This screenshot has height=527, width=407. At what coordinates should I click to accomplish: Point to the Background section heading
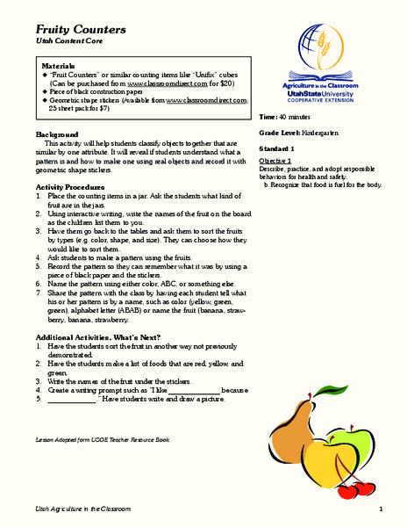[x=57, y=134]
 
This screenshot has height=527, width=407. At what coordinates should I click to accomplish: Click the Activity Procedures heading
[x=73, y=187]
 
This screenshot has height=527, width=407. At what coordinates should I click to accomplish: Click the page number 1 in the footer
[x=382, y=509]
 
